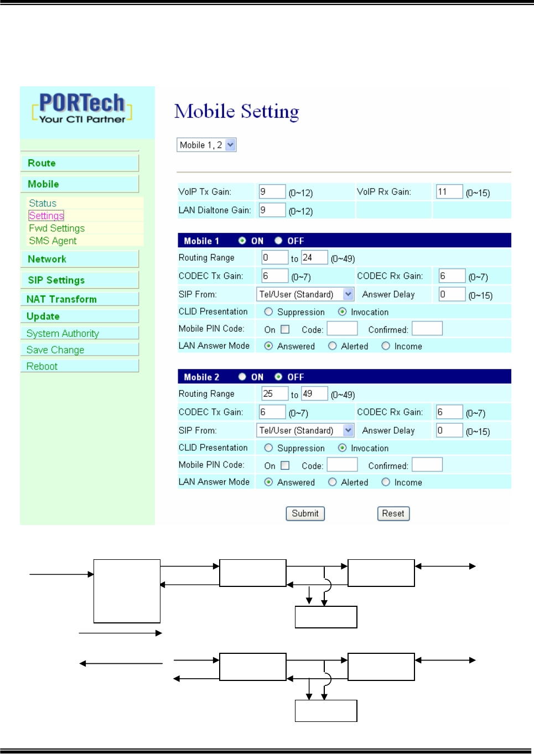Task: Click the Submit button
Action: (x=305, y=513)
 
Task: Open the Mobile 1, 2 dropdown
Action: (x=206, y=145)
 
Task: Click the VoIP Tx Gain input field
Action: (x=272, y=192)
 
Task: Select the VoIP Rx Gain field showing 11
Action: (x=449, y=192)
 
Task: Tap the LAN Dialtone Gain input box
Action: (x=272, y=210)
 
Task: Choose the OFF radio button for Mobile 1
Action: (x=278, y=241)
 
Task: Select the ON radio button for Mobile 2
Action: (x=242, y=377)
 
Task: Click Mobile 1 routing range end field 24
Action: (x=314, y=258)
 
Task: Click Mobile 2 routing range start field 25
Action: (x=274, y=394)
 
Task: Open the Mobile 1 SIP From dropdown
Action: (x=305, y=294)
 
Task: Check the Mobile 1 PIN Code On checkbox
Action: (x=285, y=330)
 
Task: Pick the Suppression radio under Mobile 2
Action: (x=268, y=448)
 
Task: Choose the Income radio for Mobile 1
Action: (x=386, y=346)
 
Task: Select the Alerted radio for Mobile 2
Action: (x=333, y=482)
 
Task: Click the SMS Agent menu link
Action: (x=53, y=241)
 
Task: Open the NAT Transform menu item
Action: (x=61, y=299)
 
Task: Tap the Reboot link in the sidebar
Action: (x=42, y=366)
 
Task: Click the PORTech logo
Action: (x=82, y=108)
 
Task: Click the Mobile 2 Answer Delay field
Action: (x=449, y=430)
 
